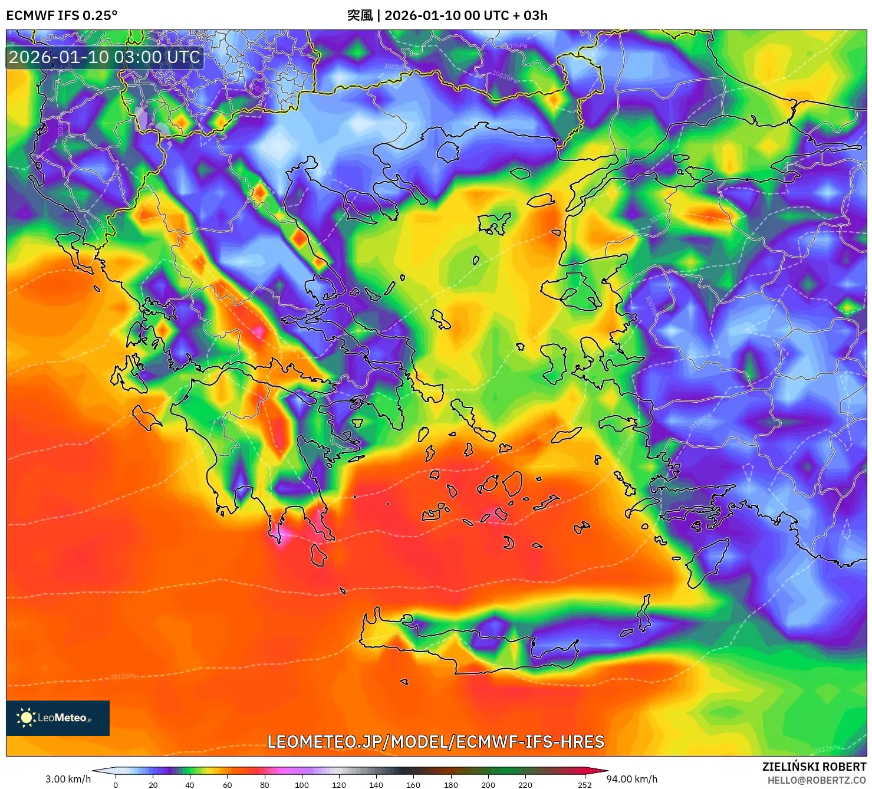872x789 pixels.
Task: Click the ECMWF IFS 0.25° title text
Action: coord(61,15)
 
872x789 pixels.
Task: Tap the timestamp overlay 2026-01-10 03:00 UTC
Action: coord(104,57)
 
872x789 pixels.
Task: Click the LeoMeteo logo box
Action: coord(58,718)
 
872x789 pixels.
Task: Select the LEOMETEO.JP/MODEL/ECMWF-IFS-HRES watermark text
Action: coord(436,741)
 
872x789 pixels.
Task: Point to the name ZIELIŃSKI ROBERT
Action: coord(814,767)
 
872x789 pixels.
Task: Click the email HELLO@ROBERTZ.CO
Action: coord(817,780)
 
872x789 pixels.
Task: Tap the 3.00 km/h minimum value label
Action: coord(68,779)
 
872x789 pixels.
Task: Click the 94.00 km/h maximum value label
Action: coord(631,779)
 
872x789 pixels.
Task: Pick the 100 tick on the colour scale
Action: coord(301,784)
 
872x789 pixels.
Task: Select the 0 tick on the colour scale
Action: coord(116,784)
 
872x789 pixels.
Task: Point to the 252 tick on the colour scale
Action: coord(584,784)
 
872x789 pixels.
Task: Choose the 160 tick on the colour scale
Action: coord(413,784)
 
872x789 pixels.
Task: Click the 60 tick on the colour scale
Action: coord(227,784)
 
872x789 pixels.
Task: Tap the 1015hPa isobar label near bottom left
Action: coord(123,676)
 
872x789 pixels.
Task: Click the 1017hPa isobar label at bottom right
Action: coord(827,749)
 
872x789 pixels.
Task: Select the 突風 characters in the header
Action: coord(360,15)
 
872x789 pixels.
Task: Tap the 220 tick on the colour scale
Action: coord(525,784)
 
